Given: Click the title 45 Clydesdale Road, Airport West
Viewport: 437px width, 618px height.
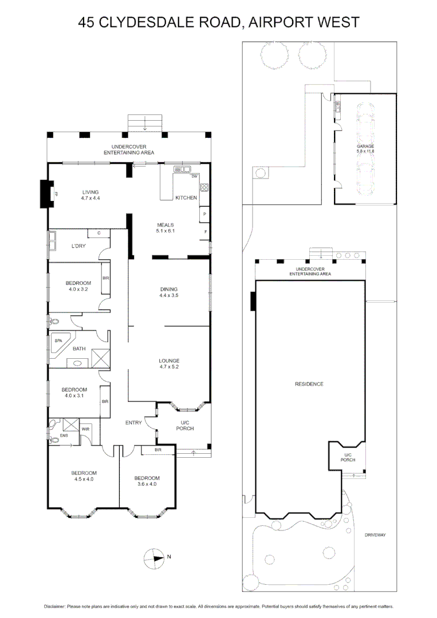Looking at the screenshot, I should point(219,22).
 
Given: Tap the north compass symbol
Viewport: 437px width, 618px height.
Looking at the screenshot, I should point(154,557).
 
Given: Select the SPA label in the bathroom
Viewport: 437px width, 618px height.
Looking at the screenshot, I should point(58,340).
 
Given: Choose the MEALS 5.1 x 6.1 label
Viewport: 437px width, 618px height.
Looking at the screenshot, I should point(164,228).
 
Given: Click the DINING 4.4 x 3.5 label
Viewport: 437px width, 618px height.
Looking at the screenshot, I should point(168,292).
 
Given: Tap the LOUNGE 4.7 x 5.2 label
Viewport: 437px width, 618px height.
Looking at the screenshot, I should point(169,364).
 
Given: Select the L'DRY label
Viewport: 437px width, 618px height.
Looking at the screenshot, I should point(78,246).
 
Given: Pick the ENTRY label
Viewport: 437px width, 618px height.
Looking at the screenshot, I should point(133,423).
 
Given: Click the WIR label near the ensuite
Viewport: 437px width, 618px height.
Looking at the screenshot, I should point(85,429).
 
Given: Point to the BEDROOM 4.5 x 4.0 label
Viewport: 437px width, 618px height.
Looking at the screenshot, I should point(84,476).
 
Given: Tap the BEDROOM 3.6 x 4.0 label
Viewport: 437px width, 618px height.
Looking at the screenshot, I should point(147,481).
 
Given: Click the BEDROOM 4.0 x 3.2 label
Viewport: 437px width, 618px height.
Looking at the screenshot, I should point(78,286).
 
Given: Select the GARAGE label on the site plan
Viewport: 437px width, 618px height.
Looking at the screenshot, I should point(365,149).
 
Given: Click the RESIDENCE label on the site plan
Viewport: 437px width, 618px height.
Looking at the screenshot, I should point(309,384).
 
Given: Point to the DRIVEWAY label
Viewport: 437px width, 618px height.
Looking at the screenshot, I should point(375,535).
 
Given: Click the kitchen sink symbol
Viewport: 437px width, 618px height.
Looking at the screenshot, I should point(185,169).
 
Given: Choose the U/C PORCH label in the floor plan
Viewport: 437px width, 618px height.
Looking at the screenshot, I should point(184,425).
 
